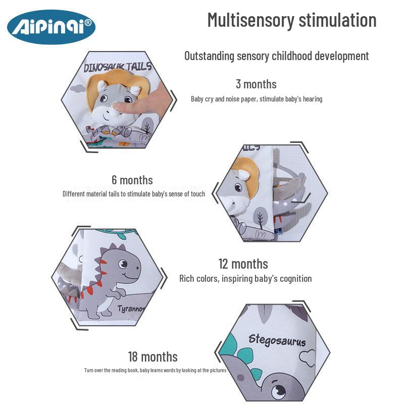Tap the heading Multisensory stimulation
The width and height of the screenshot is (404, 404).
tap(292, 20)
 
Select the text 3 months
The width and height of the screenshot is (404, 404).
tap(256, 84)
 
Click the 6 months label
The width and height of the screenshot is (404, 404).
tap(132, 180)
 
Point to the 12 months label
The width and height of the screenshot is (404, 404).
tap(243, 264)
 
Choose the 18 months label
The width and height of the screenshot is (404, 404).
tap(153, 357)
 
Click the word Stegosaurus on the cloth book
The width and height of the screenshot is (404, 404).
tap(277, 340)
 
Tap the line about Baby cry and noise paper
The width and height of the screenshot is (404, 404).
tap(256, 99)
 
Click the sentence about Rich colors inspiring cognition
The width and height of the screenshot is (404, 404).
tap(245, 278)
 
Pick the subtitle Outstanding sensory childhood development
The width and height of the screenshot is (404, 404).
tap(276, 56)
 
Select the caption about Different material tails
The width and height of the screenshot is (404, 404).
tap(134, 193)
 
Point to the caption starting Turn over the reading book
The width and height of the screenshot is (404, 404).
tap(155, 370)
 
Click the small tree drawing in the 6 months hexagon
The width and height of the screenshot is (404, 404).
tap(260, 219)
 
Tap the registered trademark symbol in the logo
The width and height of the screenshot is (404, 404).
tap(87, 23)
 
